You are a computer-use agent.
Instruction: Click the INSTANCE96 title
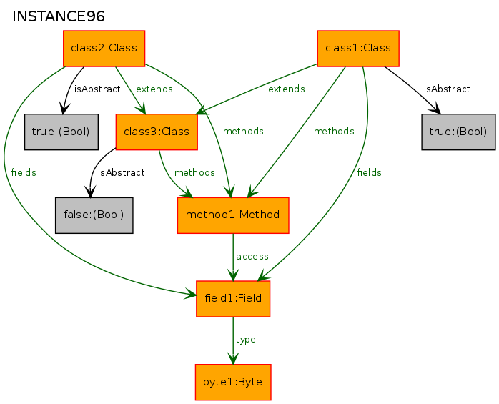(x=58, y=16)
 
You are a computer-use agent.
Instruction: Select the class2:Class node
(x=104, y=49)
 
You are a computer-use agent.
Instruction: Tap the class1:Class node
(x=358, y=49)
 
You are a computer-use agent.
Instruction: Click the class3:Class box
(x=157, y=132)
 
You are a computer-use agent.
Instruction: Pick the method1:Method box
(x=233, y=215)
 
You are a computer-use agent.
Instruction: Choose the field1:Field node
(x=233, y=299)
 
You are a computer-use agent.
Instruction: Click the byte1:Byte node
(x=233, y=382)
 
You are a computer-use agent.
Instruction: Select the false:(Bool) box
(x=94, y=215)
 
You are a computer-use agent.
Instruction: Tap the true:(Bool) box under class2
(x=61, y=132)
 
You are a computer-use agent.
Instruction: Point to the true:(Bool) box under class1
(x=458, y=132)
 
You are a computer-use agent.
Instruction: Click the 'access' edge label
(x=252, y=257)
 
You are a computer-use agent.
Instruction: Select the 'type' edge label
(x=245, y=340)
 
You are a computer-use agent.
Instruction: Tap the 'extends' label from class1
(x=287, y=89)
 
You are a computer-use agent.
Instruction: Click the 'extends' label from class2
(x=154, y=89)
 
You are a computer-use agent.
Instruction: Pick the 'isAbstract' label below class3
(x=122, y=172)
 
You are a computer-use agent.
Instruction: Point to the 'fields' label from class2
(x=24, y=172)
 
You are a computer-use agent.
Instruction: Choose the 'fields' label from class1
(x=369, y=172)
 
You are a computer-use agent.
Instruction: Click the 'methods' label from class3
(x=194, y=172)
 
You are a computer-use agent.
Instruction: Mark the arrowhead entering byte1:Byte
(x=233, y=358)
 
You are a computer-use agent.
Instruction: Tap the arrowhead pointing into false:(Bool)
(x=90, y=192)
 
